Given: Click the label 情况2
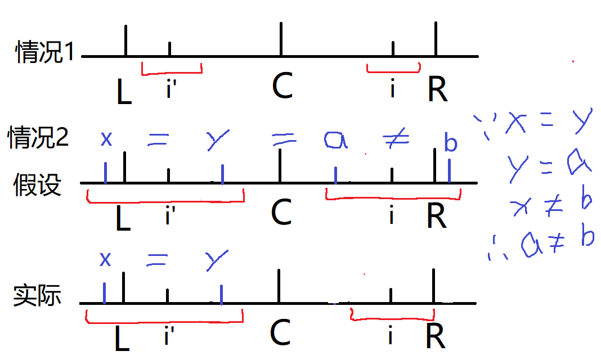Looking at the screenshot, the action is point(38,137).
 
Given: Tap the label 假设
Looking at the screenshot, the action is point(37,184).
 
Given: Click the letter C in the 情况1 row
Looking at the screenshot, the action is point(282,86).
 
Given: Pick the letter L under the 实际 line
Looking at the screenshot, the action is point(122,337).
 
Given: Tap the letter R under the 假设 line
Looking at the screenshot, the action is point(437,215).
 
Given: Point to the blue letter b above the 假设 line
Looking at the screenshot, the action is point(450,143).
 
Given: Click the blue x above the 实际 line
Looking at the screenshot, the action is point(105,259).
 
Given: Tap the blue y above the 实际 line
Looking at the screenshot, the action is point(217,260).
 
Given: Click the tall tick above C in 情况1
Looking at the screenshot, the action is point(281,39).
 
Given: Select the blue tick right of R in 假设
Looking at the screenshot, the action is point(449,171).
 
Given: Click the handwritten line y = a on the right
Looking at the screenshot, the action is point(549,164).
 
